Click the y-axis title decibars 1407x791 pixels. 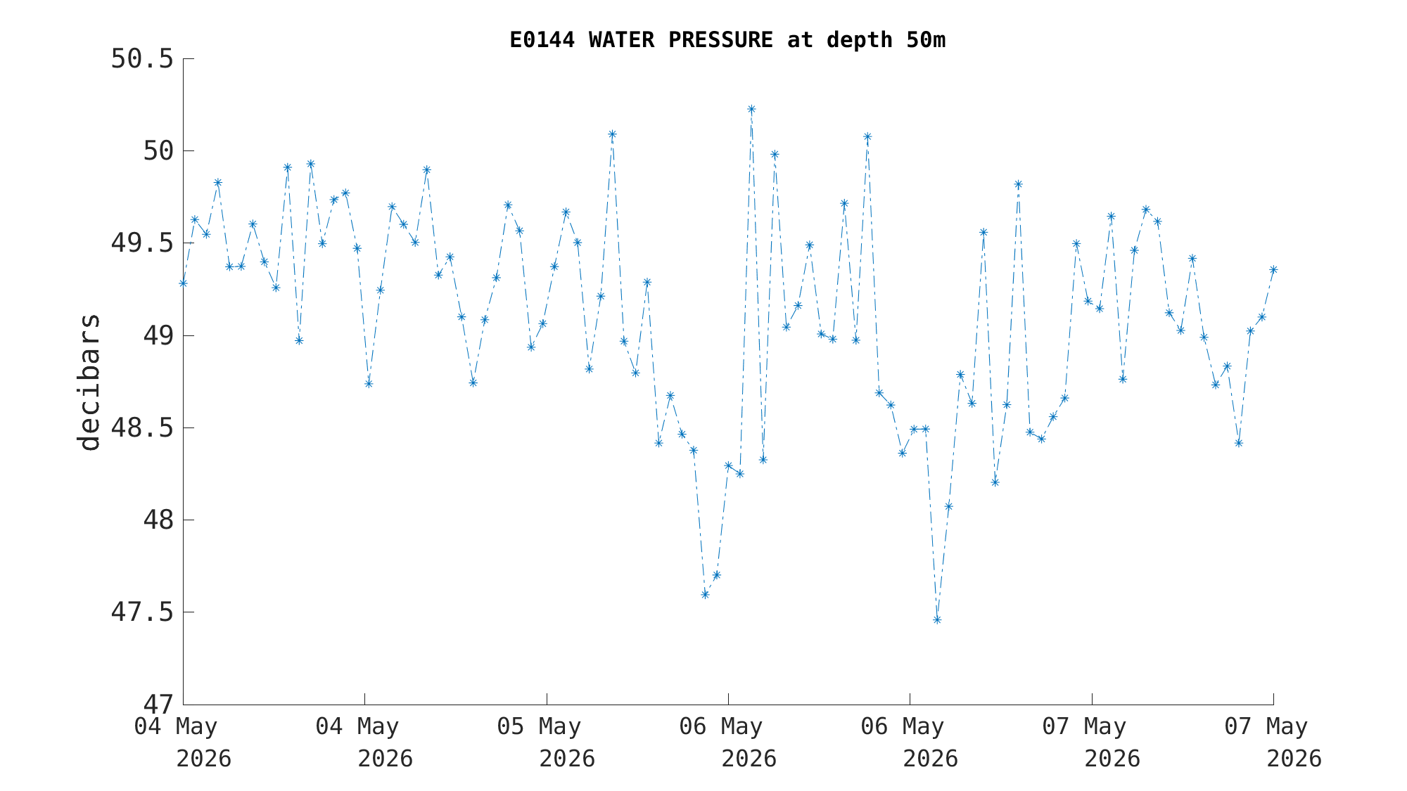point(89,382)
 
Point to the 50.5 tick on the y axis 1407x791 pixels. point(142,59)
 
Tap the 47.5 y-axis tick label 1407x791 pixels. point(142,612)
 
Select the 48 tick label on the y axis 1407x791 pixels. point(158,520)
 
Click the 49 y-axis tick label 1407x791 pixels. point(158,335)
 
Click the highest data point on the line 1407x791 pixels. point(751,109)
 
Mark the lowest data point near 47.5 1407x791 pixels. point(937,619)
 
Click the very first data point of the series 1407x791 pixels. point(183,283)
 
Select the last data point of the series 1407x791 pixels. point(1273,269)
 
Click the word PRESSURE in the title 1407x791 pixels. point(720,40)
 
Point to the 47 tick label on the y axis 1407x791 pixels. point(158,705)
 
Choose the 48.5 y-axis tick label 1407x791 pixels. point(142,427)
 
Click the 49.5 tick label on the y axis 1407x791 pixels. point(142,243)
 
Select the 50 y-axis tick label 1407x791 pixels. point(158,151)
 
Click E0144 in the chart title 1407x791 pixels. point(542,40)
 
